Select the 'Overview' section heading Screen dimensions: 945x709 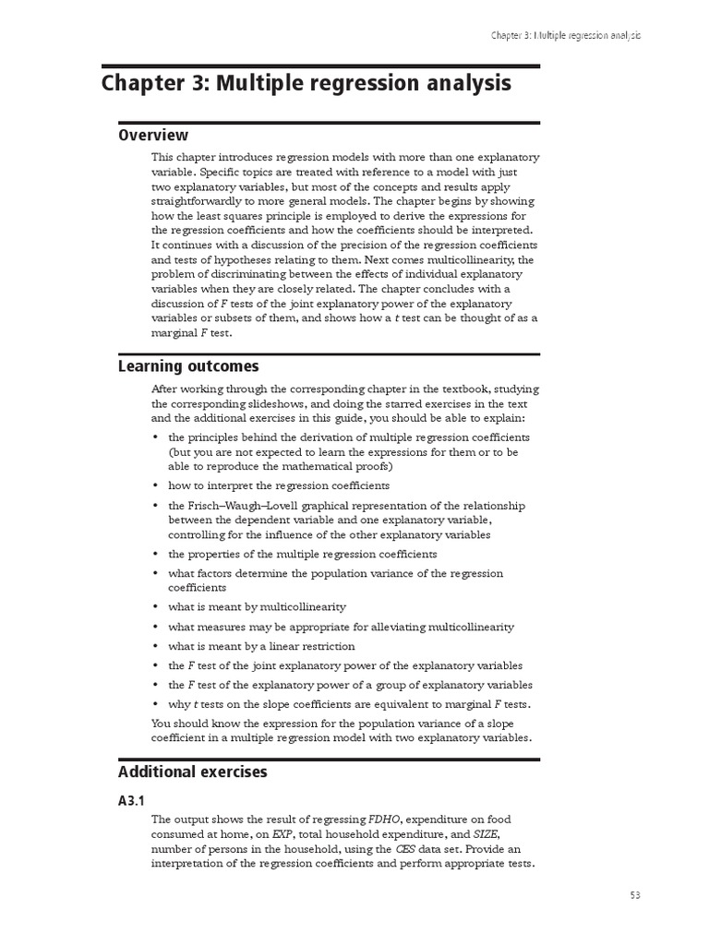pyautogui.click(x=153, y=136)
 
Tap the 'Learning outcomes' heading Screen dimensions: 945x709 pyautogui.click(x=188, y=366)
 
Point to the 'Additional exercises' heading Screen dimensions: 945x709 pyautogui.click(x=192, y=772)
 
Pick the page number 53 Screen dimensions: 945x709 pyautogui.click(x=635, y=894)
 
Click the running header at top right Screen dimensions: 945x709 pyautogui.click(x=565, y=34)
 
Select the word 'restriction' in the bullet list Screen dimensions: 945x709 pyautogui.click(x=328, y=647)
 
